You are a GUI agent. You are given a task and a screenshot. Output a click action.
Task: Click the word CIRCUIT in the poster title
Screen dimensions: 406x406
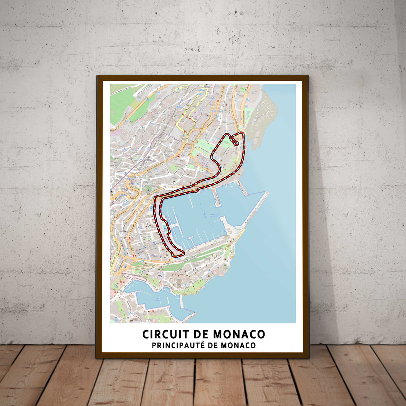coord(162,334)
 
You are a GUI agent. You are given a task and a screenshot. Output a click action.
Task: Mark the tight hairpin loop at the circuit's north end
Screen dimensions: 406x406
coord(235,140)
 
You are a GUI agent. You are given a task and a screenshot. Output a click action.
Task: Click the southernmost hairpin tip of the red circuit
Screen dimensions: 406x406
coord(182,252)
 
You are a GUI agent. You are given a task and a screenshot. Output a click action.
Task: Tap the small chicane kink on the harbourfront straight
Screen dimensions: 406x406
coord(196,191)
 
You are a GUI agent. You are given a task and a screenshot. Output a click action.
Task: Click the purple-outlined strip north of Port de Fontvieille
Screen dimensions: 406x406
coord(134,276)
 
